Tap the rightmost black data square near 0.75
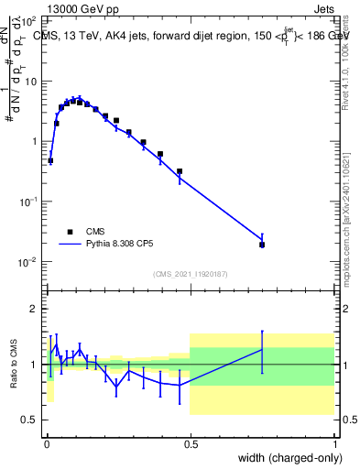coord(262,245)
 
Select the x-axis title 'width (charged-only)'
coord(284,459)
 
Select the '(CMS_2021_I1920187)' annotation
coord(190,274)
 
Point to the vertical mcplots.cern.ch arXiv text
coord(345,211)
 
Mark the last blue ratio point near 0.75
coord(262,349)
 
